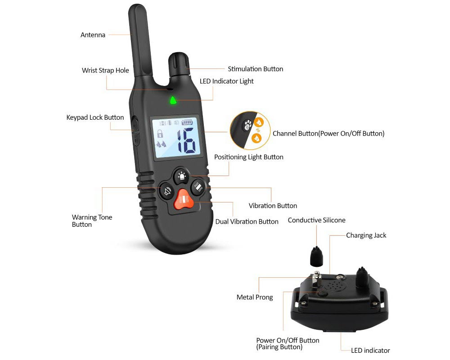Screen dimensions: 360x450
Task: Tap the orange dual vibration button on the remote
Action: (184, 199)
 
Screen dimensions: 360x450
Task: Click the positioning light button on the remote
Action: (181, 175)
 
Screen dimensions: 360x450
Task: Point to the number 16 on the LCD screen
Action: (185, 141)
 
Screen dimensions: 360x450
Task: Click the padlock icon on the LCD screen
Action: (159, 133)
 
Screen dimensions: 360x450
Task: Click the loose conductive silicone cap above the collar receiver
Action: (317, 257)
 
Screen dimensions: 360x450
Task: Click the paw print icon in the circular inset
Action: (247, 125)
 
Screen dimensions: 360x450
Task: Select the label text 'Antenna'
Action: (93, 35)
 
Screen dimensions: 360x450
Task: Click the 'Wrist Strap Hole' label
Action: (105, 70)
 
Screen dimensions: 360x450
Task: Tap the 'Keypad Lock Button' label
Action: (95, 117)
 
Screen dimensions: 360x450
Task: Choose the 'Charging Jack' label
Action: (366, 235)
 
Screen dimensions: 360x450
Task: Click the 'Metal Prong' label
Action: (255, 297)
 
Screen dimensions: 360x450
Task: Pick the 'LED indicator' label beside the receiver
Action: (370, 351)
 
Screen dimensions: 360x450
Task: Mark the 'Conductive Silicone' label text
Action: (316, 220)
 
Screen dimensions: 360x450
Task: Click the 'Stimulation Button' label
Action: (255, 69)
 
